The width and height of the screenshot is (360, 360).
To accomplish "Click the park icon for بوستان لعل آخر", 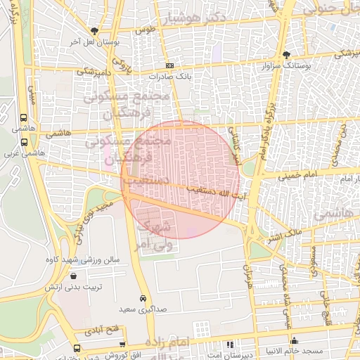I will pyautogui.click(x=94, y=30).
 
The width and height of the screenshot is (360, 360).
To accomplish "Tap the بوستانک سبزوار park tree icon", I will pyautogui.click(x=286, y=54).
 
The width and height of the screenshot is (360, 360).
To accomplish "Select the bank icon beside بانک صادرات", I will pyautogui.click(x=169, y=65).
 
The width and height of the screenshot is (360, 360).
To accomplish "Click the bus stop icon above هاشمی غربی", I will pyautogui.click(x=25, y=140).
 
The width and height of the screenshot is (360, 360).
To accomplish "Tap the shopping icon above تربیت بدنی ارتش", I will pyautogui.click(x=74, y=276).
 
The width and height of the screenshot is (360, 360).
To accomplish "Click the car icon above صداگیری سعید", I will pyautogui.click(x=143, y=298).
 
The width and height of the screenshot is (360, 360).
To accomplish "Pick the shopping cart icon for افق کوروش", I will pyautogui.click(x=124, y=344).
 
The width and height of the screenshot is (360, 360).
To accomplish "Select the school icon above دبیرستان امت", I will pyautogui.click(x=230, y=344).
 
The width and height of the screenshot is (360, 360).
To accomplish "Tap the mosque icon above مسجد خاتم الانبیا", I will pyautogui.click(x=294, y=341).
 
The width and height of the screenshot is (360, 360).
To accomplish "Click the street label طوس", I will pyautogui.click(x=146, y=30).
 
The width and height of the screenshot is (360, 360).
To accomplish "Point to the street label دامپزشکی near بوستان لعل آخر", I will pyautogui.click(x=91, y=72).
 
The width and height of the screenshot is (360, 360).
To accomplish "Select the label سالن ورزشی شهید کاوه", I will pyautogui.click(x=92, y=259).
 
